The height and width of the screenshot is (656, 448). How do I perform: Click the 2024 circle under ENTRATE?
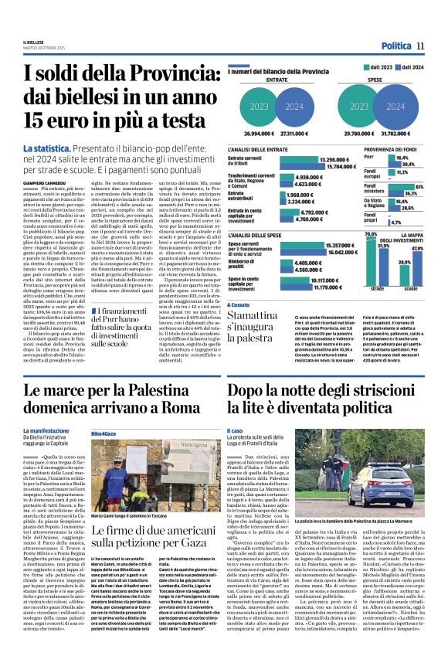click(294, 107)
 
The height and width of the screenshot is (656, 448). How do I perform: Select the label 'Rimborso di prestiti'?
click(245, 267)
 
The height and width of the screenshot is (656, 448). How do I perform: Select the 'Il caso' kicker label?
click(234, 430)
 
